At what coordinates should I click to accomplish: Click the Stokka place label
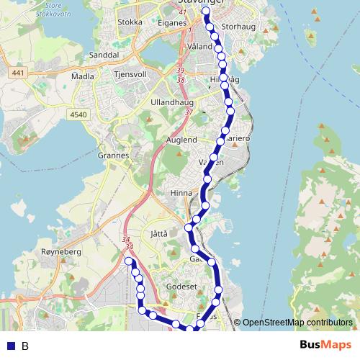130,22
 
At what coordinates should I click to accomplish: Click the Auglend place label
181,139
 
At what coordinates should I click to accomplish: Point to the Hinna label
181,193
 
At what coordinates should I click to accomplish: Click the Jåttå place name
160,234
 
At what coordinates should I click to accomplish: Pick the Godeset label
181,286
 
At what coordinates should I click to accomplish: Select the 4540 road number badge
79,114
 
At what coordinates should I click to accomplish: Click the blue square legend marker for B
10,346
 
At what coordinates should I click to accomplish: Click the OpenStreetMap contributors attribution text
297,323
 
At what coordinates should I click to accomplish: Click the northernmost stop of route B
206,12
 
